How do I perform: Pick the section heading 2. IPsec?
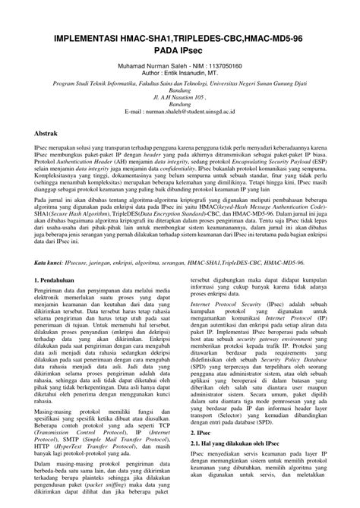click(201, 453)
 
